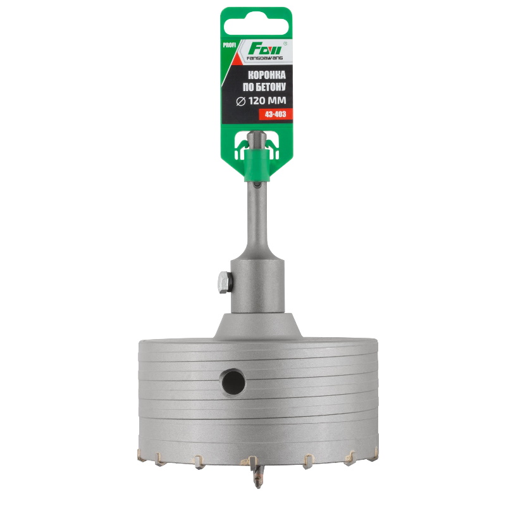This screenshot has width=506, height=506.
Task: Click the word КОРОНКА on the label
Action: click(266, 75)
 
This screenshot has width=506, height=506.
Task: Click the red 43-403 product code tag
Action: click(275, 114)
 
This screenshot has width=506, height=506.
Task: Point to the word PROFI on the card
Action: click(230, 45)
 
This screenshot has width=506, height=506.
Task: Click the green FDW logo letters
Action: click(265, 49)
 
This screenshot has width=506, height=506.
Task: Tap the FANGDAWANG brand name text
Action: click(264, 58)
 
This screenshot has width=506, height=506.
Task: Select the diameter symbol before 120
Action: click(241, 101)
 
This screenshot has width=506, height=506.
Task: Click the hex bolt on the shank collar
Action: click(225, 282)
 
